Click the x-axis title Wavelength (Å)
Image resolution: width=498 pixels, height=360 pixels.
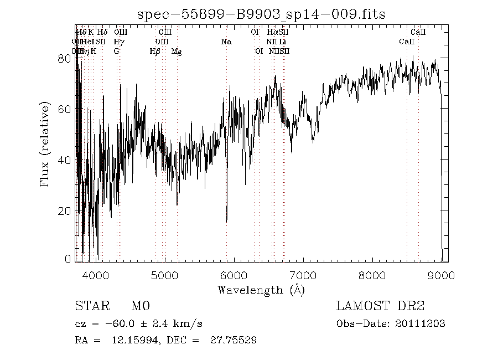pos(261,289)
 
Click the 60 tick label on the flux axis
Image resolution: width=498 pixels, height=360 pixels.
pos(65,109)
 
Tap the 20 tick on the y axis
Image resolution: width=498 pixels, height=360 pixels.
pos(65,211)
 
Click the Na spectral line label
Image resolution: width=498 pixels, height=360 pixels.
pos(226,42)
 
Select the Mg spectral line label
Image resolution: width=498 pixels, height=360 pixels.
pos(177,52)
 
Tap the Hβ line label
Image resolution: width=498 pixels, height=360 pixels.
pos(155,52)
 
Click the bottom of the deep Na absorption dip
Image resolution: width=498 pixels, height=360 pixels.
pos(226,222)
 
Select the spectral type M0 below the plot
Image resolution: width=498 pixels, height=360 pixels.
pos(141,306)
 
